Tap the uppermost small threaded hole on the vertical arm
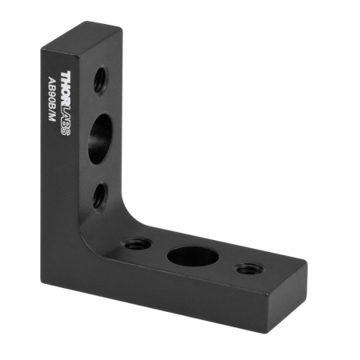(x=100, y=78)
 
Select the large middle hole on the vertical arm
(x=100, y=138)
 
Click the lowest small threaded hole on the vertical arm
(x=99, y=195)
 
